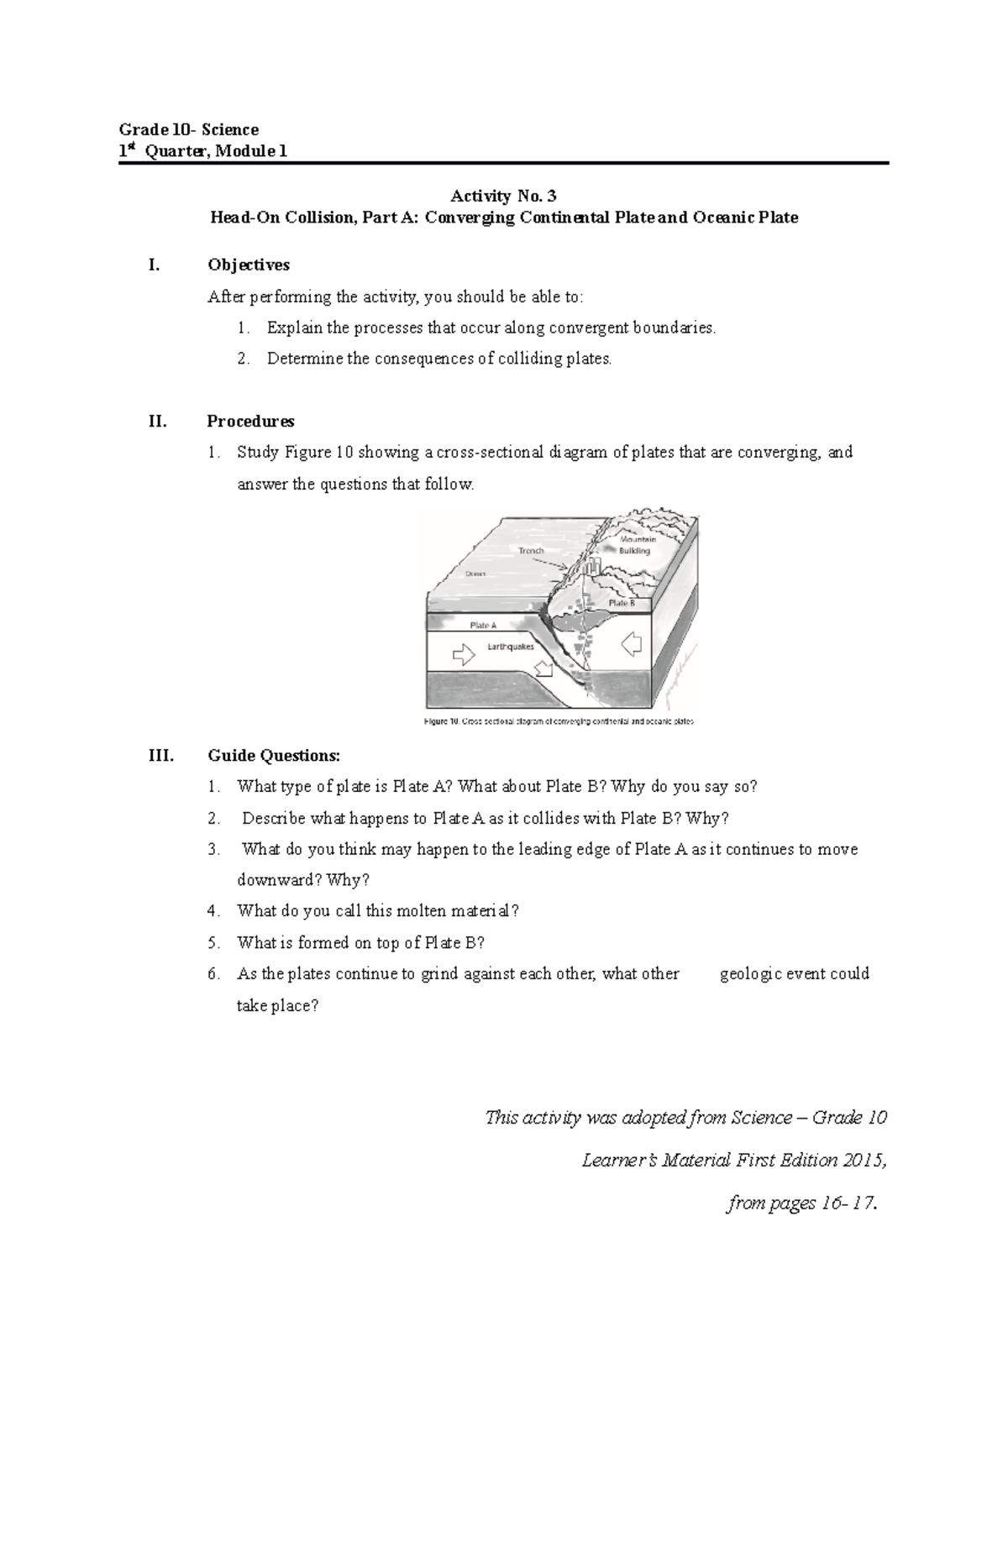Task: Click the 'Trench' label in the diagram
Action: tap(531, 551)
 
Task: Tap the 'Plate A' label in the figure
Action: tap(483, 626)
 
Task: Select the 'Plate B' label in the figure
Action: tap(622, 603)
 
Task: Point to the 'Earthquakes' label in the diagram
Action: tap(511, 647)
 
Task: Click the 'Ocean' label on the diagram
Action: tap(475, 574)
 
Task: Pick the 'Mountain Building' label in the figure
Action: tap(637, 545)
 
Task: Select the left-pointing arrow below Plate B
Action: tap(631, 644)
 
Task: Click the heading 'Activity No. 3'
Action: tap(503, 197)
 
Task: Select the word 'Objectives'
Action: tap(248, 265)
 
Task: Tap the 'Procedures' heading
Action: tap(250, 421)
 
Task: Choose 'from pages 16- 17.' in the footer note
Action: tap(804, 1203)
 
